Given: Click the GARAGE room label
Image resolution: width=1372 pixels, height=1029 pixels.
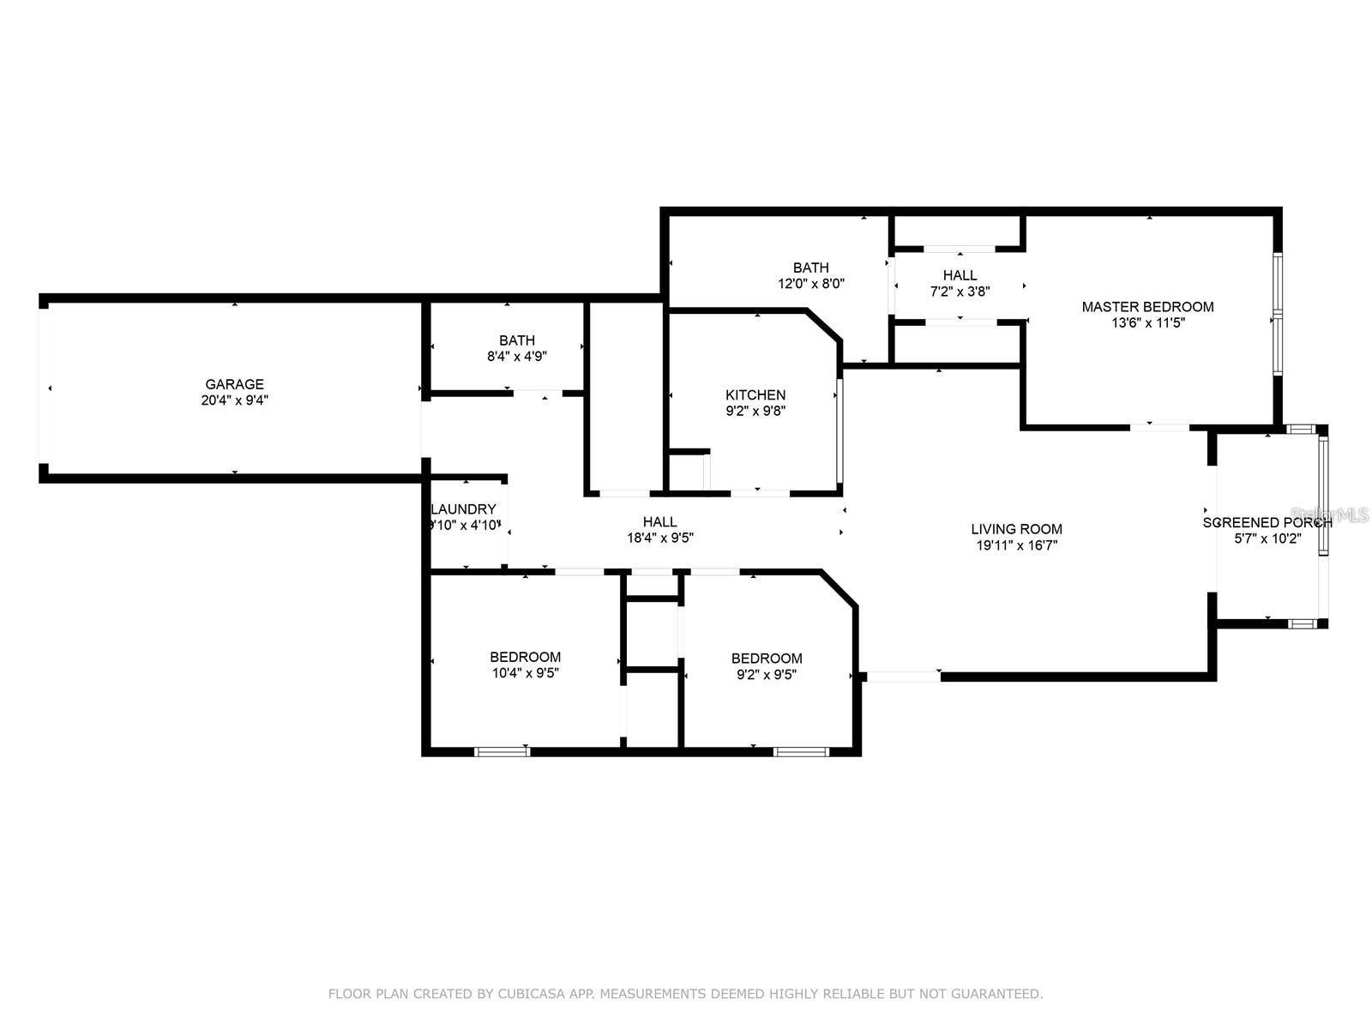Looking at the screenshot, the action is coord(234,384).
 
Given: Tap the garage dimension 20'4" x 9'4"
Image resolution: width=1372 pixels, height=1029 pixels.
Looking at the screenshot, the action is coord(234,400).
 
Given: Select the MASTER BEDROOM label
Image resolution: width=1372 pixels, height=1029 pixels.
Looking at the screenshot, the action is coord(1147,307).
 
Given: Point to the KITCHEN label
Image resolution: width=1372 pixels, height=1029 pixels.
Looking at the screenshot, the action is coord(755,394).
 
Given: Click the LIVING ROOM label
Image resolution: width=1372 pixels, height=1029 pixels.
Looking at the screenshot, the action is coord(1016,529).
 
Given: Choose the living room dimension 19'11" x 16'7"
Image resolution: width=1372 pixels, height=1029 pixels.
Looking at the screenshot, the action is coord(1016,545).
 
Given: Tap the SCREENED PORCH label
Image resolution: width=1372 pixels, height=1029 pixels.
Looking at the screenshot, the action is coord(1267,522).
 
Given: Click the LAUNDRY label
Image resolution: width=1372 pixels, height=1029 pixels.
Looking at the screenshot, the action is coord(464,509).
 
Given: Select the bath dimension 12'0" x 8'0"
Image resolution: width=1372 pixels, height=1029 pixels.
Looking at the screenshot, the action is coord(810,284).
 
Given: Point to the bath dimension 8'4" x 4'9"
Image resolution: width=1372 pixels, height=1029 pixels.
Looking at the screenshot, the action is coord(517,357).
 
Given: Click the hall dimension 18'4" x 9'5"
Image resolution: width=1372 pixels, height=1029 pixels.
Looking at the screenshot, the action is coord(660,538).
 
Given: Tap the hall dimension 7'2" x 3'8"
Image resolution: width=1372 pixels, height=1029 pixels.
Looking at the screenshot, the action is coord(960,292).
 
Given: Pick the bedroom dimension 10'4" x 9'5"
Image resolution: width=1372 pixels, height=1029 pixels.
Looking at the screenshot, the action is coord(525,673).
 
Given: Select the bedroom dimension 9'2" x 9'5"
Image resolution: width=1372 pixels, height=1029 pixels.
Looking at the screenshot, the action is coord(767,674).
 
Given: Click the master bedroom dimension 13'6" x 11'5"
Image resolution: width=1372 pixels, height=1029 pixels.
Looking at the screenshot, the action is coord(1147,323).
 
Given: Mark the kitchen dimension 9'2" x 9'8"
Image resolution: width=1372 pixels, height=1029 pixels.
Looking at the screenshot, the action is coord(755,411).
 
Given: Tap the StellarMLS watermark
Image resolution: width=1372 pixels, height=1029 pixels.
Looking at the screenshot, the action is coord(1329,514).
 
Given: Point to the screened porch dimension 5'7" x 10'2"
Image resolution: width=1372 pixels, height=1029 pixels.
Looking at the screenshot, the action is coord(1267,539).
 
